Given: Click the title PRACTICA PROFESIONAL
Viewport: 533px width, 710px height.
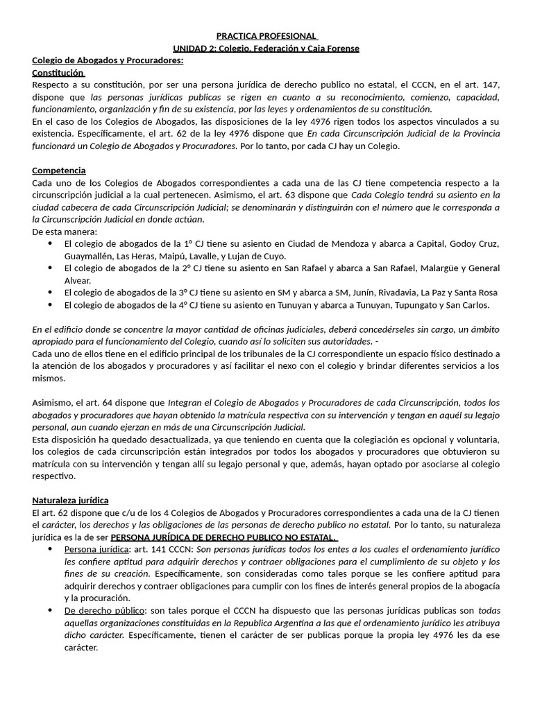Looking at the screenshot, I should tap(266, 35).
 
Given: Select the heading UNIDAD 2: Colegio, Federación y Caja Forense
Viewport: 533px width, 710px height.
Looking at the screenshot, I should tap(266, 48).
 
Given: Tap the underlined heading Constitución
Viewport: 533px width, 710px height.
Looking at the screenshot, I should tap(58, 72).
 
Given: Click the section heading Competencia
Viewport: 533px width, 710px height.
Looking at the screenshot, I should tap(59, 171).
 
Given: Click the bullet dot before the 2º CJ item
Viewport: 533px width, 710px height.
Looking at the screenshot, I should tap(49, 268).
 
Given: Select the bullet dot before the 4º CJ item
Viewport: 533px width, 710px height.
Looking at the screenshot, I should tap(49, 305).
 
